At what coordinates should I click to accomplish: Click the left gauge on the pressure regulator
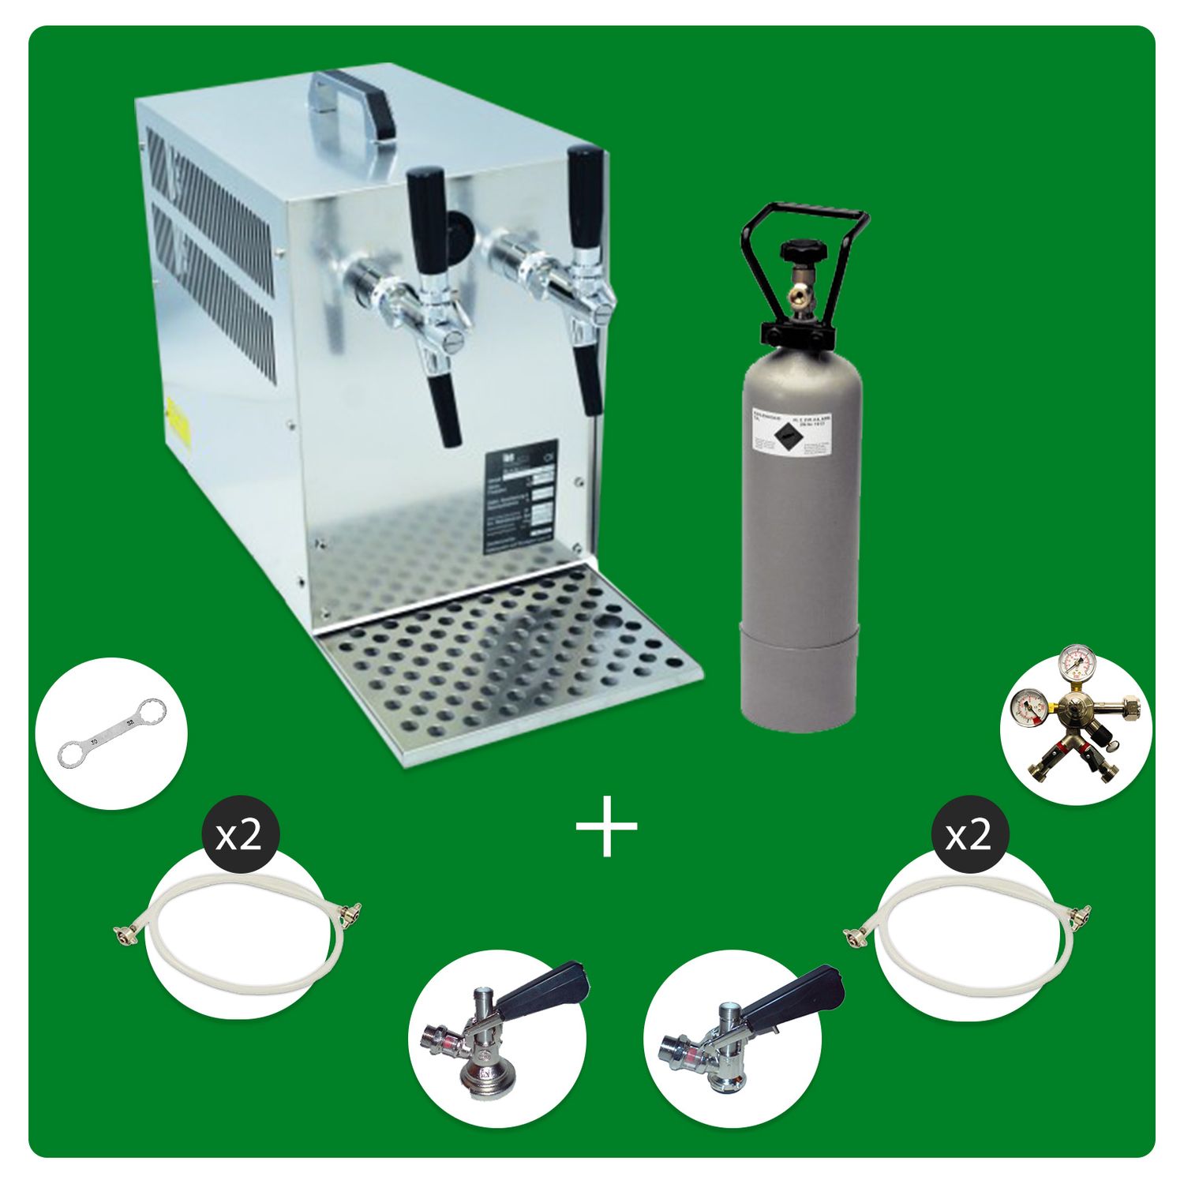pyautogui.click(x=1029, y=703)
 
